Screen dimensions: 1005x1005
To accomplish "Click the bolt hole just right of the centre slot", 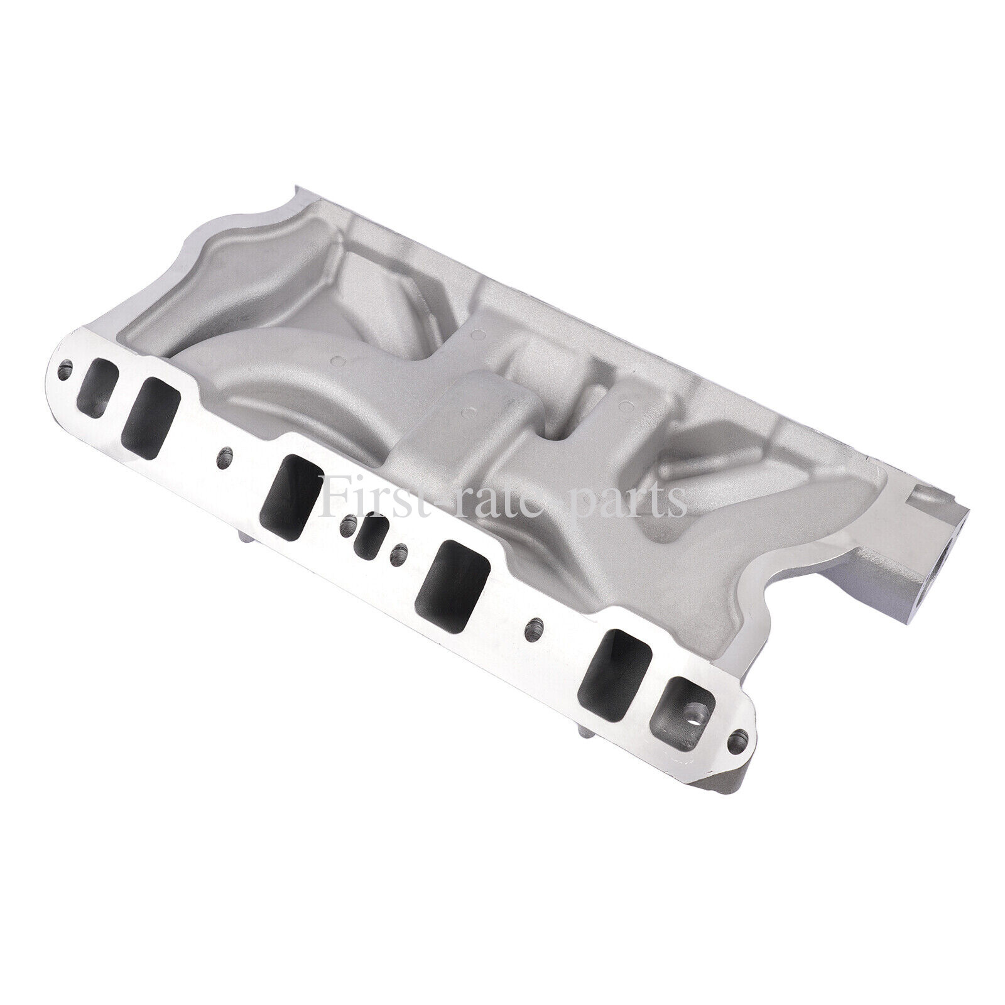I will click(396, 553).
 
